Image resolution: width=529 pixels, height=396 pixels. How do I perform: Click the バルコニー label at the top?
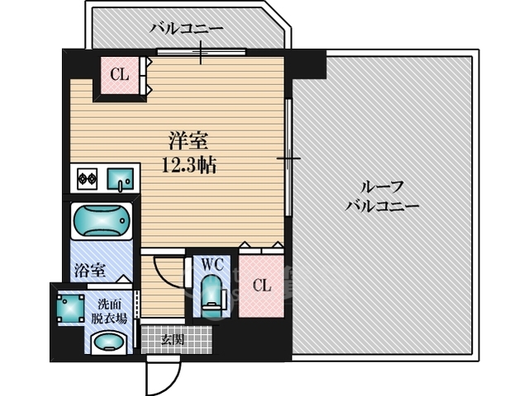point(186,29)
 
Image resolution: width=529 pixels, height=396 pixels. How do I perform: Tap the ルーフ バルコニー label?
point(381,196)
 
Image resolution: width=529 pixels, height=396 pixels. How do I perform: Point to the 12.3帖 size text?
point(189,165)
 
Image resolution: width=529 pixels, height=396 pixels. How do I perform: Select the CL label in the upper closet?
point(120,75)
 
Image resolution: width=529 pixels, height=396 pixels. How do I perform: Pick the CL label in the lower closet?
point(261,285)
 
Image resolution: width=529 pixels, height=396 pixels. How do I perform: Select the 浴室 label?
point(89,269)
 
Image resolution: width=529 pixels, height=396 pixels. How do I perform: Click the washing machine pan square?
point(69,309)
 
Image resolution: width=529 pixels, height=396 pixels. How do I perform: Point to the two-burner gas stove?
point(87,177)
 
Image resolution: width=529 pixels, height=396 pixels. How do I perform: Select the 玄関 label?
point(173,338)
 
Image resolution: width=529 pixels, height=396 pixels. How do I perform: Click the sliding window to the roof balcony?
point(288,158)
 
